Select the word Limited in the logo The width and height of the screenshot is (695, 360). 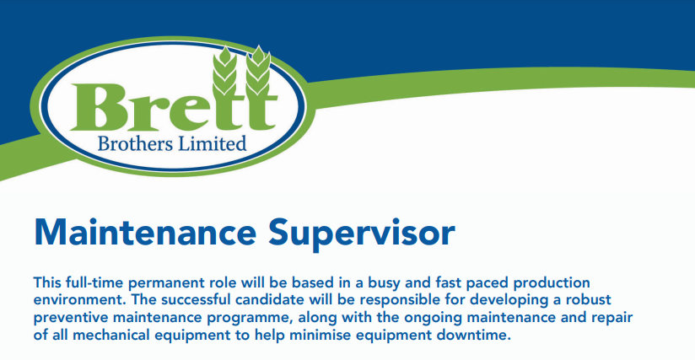[x=212, y=143]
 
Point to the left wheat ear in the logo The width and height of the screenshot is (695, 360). [x=224, y=71]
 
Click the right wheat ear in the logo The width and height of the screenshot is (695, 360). [x=258, y=70]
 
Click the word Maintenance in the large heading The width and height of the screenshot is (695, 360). [x=145, y=233]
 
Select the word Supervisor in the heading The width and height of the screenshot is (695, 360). [x=361, y=234]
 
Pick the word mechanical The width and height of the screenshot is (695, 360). [x=111, y=335]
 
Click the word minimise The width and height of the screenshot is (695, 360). [x=321, y=335]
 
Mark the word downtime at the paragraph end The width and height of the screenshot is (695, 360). [x=474, y=335]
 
